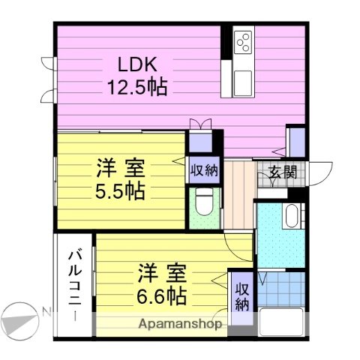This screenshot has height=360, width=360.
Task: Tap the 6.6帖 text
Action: (x=161, y=295)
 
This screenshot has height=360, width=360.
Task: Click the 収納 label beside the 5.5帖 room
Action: (x=203, y=169)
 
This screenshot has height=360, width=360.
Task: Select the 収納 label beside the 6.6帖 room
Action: (x=241, y=296)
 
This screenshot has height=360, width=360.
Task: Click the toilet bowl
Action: (x=203, y=202)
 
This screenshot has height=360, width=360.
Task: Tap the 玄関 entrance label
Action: (x=283, y=172)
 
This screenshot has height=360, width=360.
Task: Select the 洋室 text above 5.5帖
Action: (x=120, y=168)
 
